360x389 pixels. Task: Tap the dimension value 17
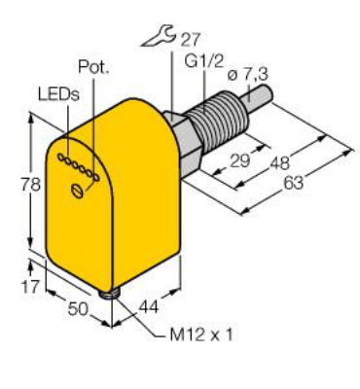pos(29,286)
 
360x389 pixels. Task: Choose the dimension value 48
pos(284,165)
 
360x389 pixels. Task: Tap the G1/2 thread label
pos(201,64)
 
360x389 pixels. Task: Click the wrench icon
pos(157,41)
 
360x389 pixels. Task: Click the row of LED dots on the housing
pos(78,166)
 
